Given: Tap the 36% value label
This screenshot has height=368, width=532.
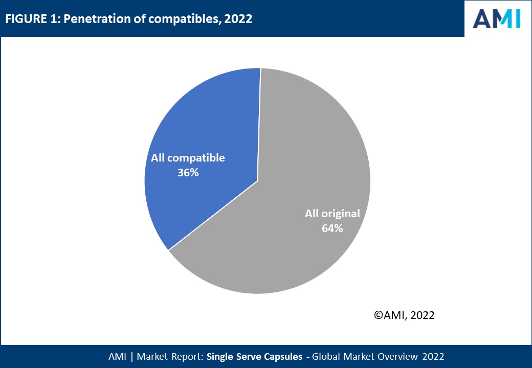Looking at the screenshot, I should pyautogui.click(x=188, y=173).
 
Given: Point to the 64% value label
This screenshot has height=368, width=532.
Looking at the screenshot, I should pyautogui.click(x=332, y=228).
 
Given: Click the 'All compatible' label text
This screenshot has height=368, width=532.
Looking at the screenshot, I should pyautogui.click(x=188, y=158).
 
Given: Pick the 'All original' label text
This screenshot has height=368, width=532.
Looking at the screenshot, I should pyautogui.click(x=332, y=214).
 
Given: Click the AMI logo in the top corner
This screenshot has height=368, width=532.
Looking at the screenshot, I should pyautogui.click(x=496, y=18).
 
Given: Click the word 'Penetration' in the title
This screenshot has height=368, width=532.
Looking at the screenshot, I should pyautogui.click(x=88, y=19).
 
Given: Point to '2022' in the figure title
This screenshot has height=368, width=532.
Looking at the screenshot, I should pyautogui.click(x=238, y=19).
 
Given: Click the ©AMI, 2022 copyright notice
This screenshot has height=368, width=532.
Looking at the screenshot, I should pyautogui.click(x=404, y=315).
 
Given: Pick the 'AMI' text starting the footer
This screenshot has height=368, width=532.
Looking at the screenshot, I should pyautogui.click(x=118, y=356).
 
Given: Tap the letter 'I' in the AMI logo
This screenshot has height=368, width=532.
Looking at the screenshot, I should pyautogui.click(x=517, y=18).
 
